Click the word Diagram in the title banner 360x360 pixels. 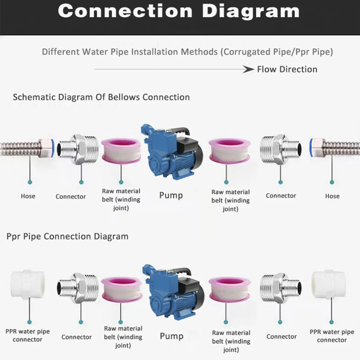[251, 11]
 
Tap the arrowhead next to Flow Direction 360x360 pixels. [249, 69]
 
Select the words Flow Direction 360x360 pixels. [287, 69]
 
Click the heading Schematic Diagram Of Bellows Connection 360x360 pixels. [101, 97]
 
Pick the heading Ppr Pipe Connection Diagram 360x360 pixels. [67, 237]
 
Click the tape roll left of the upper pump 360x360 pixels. [121, 150]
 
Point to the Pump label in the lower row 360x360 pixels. [171, 336]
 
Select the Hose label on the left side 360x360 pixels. [28, 196]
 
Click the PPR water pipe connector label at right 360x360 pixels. [332, 336]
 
